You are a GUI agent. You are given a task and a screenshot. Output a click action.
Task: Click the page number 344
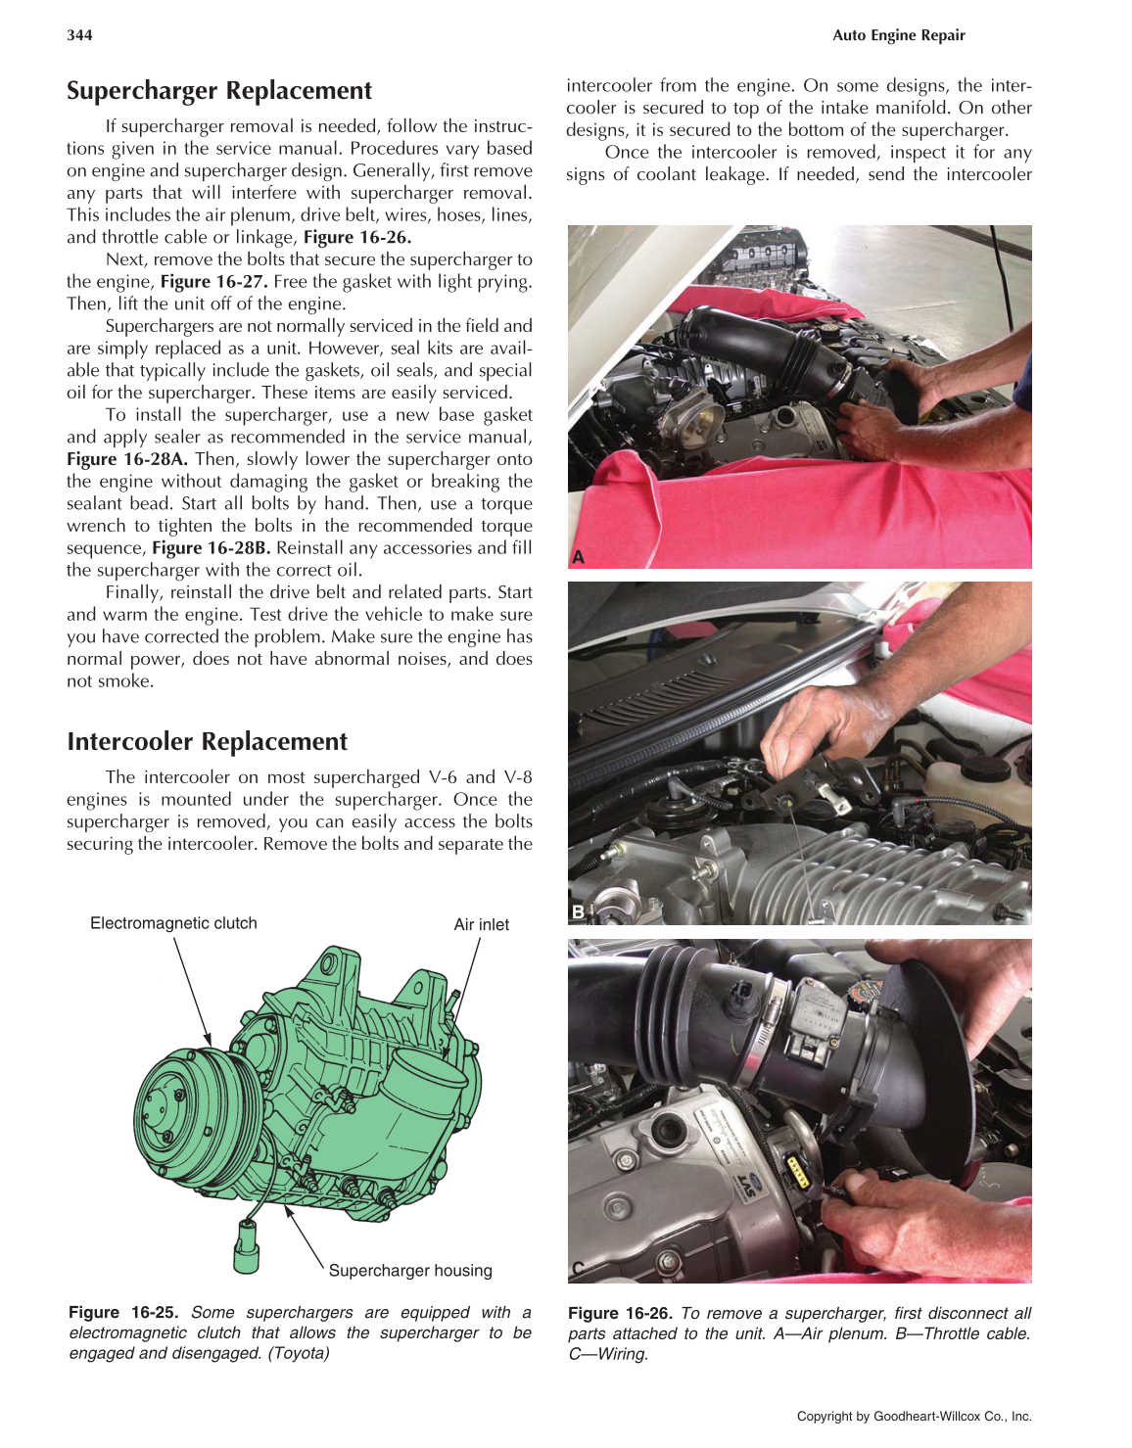[x=79, y=35]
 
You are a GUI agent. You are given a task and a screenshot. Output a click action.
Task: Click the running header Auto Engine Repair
[x=898, y=35]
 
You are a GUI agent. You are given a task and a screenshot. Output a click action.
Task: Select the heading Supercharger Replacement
[x=219, y=91]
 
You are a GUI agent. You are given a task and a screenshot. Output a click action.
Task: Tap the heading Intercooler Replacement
[x=207, y=742]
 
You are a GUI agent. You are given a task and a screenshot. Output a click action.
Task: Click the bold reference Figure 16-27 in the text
[x=212, y=282]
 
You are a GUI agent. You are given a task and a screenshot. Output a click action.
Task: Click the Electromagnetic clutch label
[x=173, y=923]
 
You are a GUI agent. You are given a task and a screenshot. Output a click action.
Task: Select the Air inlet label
[x=481, y=924]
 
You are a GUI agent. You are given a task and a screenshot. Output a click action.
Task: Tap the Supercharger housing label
[x=410, y=1271]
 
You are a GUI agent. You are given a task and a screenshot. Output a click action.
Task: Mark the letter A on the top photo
[x=578, y=557]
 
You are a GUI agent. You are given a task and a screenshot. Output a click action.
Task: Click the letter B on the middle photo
[x=578, y=912]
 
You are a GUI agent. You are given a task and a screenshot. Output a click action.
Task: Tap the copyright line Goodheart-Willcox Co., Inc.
[x=914, y=1416]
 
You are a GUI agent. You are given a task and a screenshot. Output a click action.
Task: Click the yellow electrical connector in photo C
[x=798, y=1171]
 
